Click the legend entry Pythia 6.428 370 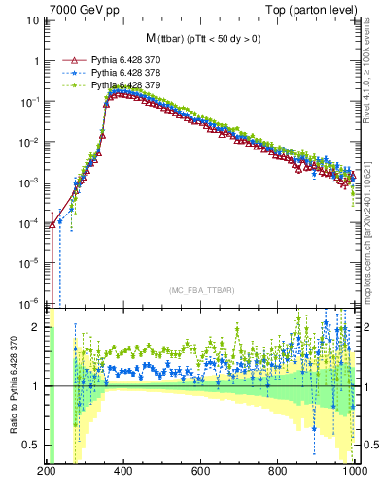click(123, 60)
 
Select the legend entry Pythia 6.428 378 click(123, 73)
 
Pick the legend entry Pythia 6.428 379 click(123, 85)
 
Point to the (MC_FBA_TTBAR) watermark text click(201, 290)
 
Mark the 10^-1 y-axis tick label click(28, 101)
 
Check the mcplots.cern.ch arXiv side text click(371, 223)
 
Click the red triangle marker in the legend click(66, 60)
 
